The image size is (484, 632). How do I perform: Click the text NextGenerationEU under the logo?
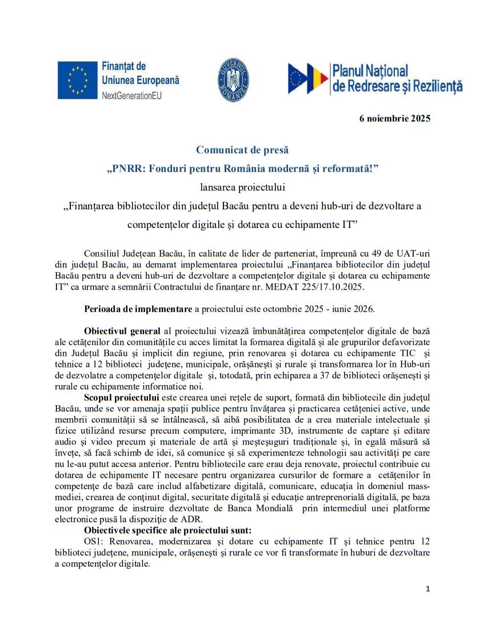point(131,95)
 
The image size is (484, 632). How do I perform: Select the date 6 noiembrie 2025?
point(394,119)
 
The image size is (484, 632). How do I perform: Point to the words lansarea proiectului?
point(242,186)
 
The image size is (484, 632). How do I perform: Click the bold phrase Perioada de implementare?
point(138,309)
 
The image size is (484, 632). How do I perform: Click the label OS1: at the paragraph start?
point(94,541)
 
